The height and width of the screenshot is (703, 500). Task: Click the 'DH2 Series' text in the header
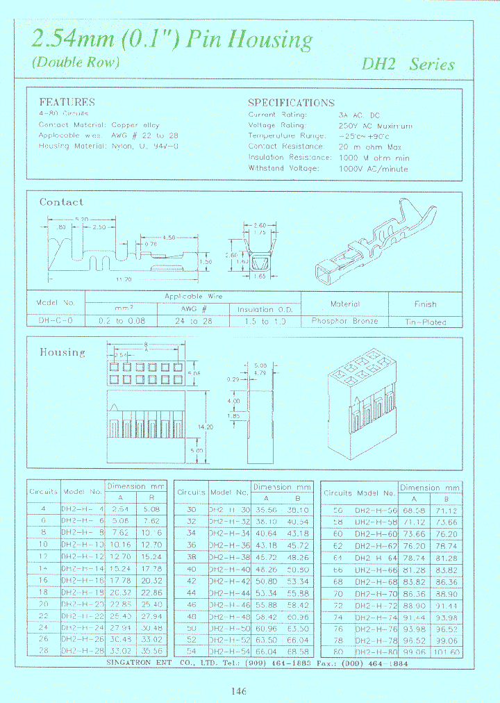tap(408, 65)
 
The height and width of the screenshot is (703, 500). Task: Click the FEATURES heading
tap(67, 102)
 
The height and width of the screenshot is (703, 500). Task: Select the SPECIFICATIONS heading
tap(291, 102)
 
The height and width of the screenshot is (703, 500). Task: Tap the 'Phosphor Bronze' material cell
tap(344, 321)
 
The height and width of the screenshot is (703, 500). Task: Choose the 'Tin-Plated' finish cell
tap(425, 322)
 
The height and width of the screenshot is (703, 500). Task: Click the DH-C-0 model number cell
tap(55, 321)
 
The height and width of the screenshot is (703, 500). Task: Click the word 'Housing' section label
tap(62, 352)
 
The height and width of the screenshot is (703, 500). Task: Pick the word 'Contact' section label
tap(61, 202)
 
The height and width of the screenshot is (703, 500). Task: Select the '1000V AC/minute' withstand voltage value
tap(374, 168)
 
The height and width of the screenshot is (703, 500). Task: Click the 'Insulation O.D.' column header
tap(265, 309)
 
